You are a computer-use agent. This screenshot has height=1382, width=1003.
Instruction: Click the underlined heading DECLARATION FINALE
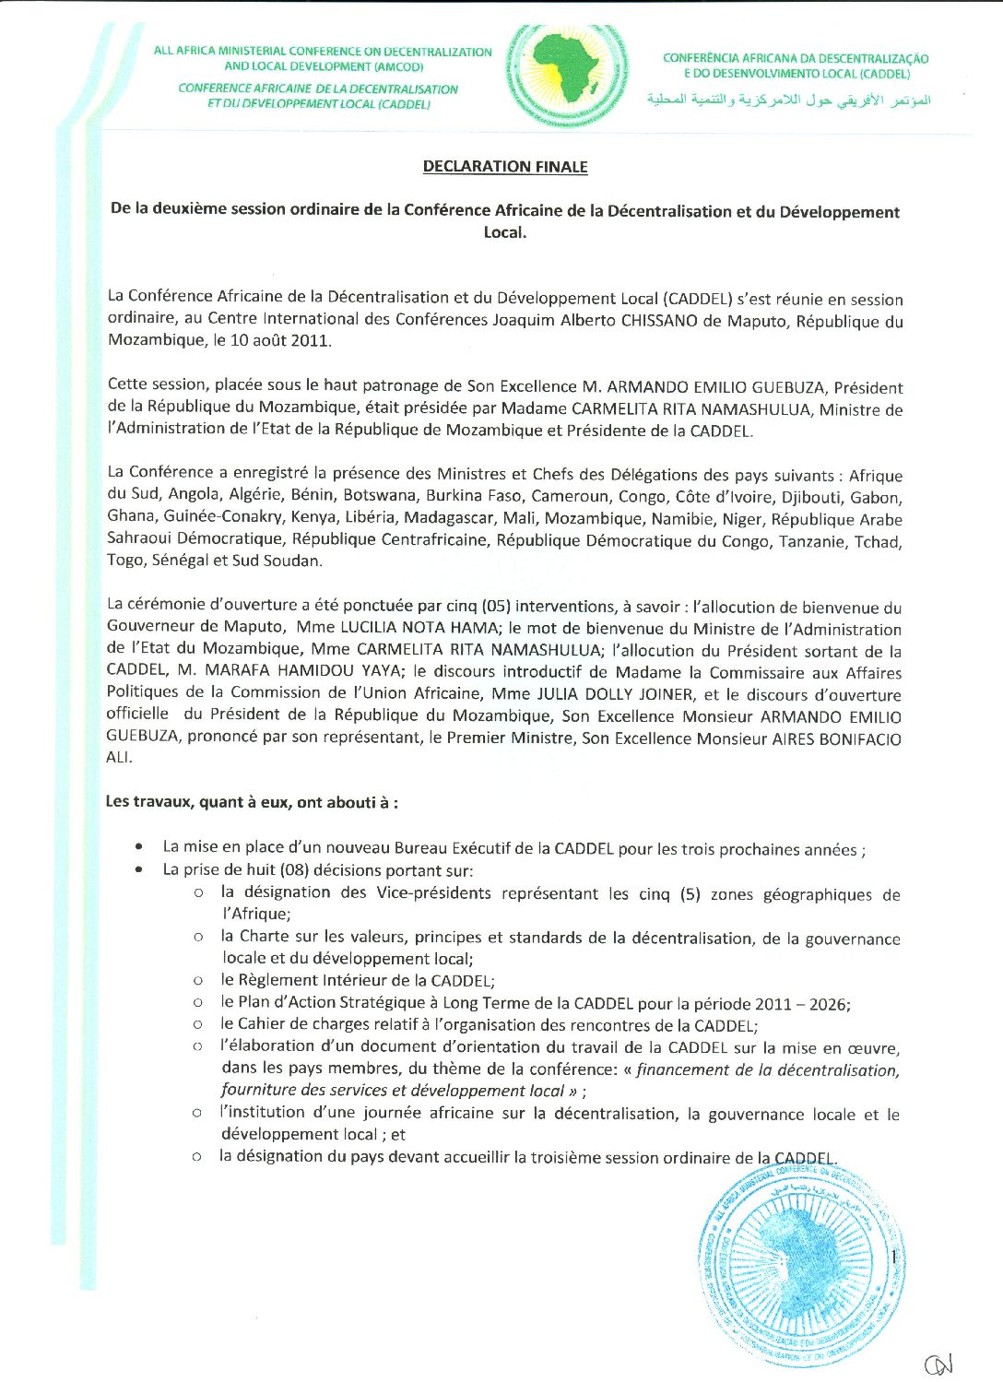[x=505, y=167]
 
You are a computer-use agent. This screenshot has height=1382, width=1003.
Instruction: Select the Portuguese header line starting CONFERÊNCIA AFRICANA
[x=796, y=58]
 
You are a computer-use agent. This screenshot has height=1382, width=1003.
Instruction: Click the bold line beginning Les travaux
[x=252, y=802]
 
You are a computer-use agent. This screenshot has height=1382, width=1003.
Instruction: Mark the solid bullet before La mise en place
[x=138, y=846]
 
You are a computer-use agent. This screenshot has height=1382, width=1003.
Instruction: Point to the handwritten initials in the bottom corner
[x=939, y=1363]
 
